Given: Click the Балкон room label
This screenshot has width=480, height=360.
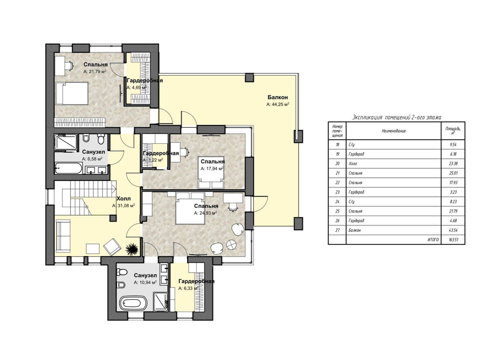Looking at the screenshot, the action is tap(277, 97).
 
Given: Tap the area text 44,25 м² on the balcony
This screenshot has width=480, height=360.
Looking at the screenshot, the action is tap(278, 104).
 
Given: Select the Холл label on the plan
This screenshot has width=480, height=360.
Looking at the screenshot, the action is tap(124, 198).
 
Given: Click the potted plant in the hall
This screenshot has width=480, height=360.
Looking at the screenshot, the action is tap(132, 249).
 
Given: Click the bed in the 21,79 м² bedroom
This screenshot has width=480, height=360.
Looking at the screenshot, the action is tap(72, 93).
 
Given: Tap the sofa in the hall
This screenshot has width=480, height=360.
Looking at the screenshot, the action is tap(63, 236).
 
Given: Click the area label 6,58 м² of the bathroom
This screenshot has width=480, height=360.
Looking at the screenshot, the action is tap(92, 159).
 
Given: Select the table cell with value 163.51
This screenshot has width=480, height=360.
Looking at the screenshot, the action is tap(453, 240).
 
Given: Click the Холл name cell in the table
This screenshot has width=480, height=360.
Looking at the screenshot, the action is tap(393, 164).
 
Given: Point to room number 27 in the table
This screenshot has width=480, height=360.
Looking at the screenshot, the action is tap(337, 230).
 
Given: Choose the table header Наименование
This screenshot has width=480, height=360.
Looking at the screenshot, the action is tap(394, 131).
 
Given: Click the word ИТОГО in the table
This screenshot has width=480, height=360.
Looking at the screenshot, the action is tap(433, 240).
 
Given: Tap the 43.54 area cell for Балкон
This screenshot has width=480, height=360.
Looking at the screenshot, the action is tap(453, 230).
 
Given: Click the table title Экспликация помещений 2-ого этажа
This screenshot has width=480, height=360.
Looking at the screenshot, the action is tap(396, 117).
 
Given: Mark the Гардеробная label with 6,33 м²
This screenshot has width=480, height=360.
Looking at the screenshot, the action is tap(196, 281).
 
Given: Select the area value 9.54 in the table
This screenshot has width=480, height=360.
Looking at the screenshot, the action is tap(453, 145).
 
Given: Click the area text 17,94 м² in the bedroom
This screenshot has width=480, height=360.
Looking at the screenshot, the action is tap(212, 169).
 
